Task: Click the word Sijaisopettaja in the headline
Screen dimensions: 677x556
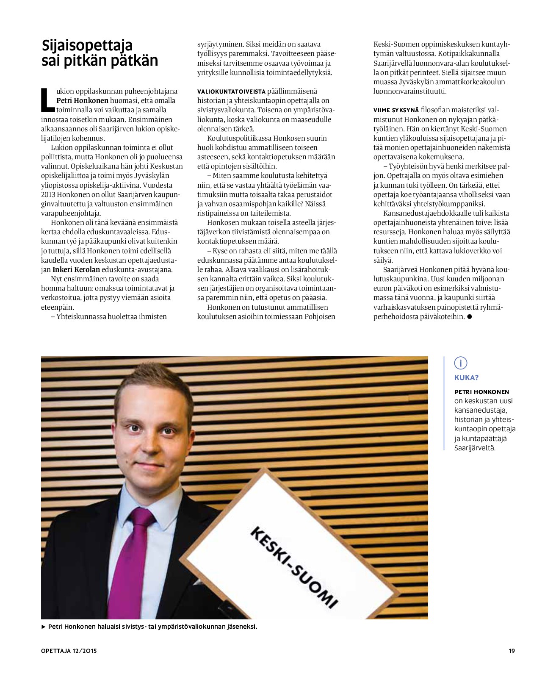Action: point(87,45)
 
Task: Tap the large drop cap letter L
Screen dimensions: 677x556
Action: point(48,100)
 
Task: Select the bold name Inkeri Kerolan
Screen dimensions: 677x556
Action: point(76,269)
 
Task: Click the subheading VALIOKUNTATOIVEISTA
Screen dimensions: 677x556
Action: point(231,92)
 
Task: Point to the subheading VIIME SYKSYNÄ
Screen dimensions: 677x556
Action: point(396,110)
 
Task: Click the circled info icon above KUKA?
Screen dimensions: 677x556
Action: point(460,363)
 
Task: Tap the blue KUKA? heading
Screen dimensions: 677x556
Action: point(466,377)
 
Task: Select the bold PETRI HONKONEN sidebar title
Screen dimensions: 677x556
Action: point(481,392)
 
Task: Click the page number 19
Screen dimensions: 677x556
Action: point(512,651)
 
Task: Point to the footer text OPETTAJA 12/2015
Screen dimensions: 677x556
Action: point(69,651)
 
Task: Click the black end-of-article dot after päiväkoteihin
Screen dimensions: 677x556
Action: point(469,317)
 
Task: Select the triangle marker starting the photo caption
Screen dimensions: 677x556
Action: point(44,627)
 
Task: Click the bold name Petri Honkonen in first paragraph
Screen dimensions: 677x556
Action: point(82,101)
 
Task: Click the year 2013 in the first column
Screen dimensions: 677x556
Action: point(48,194)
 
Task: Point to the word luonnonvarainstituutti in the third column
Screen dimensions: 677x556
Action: point(410,91)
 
